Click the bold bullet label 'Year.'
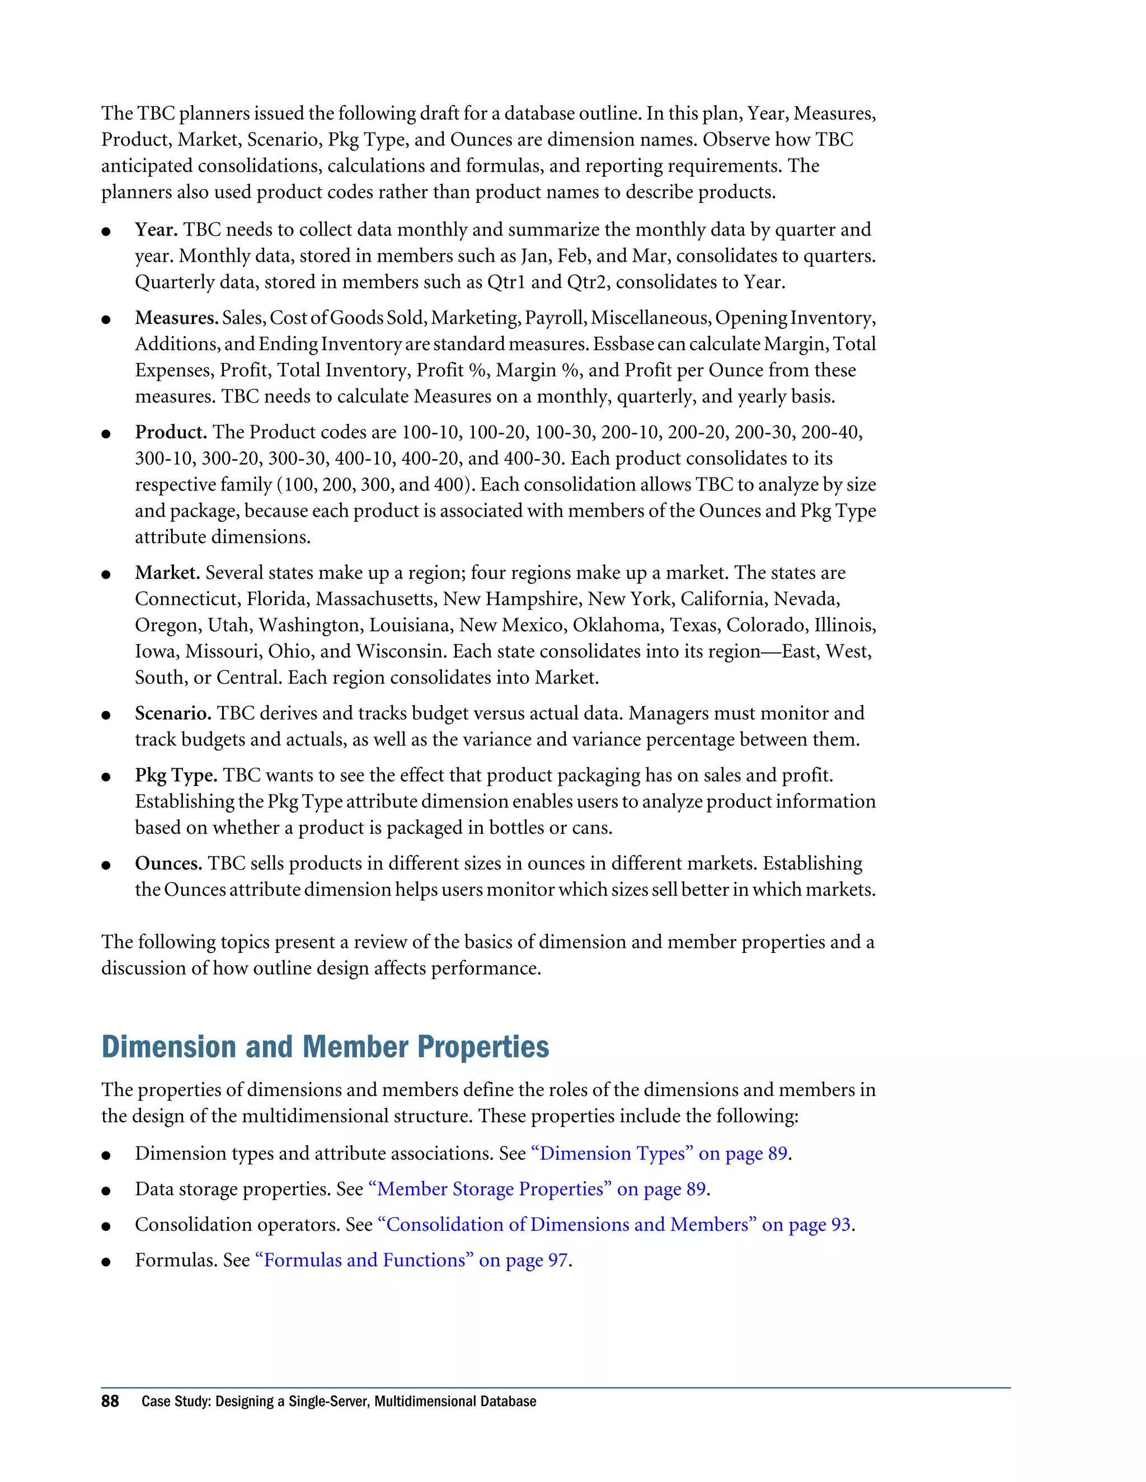[156, 230]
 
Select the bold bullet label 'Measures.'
[176, 318]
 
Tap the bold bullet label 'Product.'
[171, 432]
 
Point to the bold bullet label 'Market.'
[167, 573]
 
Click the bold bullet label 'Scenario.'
[173, 713]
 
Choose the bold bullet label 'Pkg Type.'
[176, 776]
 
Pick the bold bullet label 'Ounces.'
[168, 864]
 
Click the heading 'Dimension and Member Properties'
[325, 1047]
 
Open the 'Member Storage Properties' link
[537, 1189]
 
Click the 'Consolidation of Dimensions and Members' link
[614, 1224]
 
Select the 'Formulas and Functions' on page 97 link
[411, 1260]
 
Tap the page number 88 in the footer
[110, 1401]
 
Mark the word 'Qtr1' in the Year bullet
[506, 282]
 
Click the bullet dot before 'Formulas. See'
[106, 1262]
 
